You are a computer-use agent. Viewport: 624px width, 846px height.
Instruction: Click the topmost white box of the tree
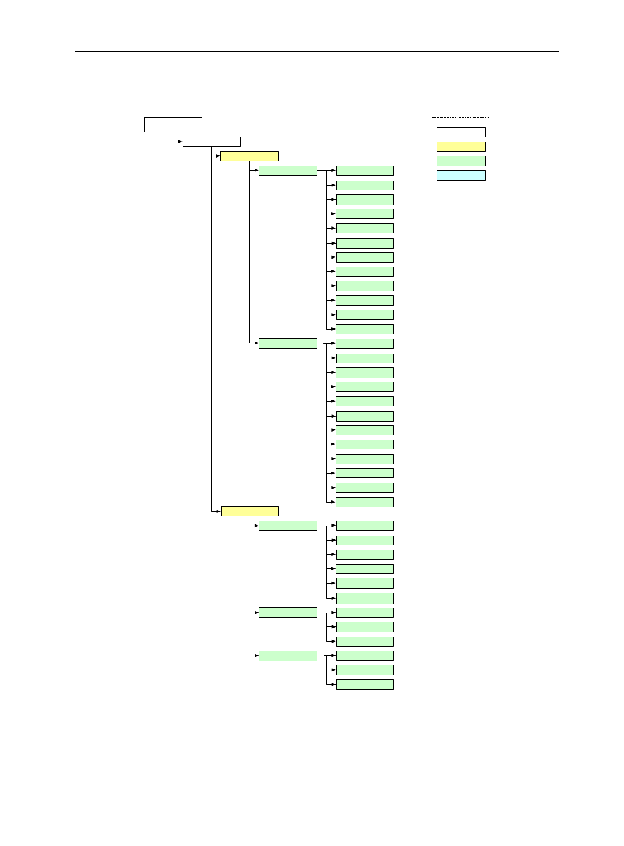173,124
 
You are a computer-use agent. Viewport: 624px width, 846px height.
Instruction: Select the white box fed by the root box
211,142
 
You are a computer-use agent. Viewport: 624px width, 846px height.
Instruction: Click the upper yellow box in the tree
249,156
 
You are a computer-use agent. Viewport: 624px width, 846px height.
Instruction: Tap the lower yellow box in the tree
249,511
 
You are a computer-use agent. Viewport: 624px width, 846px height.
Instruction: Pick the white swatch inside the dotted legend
461,132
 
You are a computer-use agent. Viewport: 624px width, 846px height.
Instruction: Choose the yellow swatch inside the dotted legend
461,146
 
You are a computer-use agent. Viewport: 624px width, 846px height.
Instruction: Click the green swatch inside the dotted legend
461,161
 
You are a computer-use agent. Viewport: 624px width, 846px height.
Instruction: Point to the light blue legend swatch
461,175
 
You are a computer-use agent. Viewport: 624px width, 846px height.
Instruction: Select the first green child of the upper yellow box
288,170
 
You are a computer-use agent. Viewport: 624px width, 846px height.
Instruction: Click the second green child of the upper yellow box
288,343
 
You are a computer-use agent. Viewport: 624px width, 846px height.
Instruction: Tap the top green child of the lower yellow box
288,526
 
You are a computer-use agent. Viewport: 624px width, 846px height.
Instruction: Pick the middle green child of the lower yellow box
288,613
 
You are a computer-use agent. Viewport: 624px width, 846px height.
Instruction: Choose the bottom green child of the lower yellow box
288,656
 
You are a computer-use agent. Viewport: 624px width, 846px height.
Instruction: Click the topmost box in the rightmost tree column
365,170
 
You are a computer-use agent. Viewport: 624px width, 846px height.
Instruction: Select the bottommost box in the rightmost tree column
365,684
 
